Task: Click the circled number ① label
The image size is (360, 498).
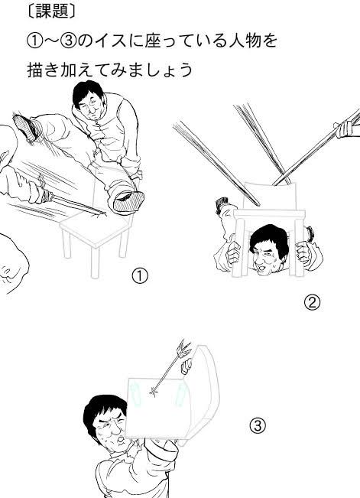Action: (x=140, y=276)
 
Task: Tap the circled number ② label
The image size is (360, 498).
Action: (x=312, y=302)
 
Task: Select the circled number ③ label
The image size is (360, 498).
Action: (x=258, y=425)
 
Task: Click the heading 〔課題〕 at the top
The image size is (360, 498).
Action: (x=51, y=11)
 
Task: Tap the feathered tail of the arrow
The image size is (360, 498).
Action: (x=183, y=348)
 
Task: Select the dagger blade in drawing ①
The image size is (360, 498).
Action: (x=79, y=203)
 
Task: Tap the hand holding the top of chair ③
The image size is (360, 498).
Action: (x=186, y=366)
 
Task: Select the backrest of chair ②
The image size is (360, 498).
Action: (x=270, y=196)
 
